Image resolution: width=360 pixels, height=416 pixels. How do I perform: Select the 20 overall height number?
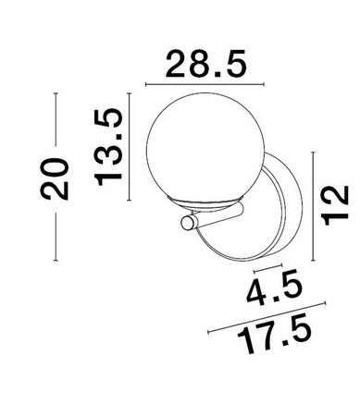pos(56,179)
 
